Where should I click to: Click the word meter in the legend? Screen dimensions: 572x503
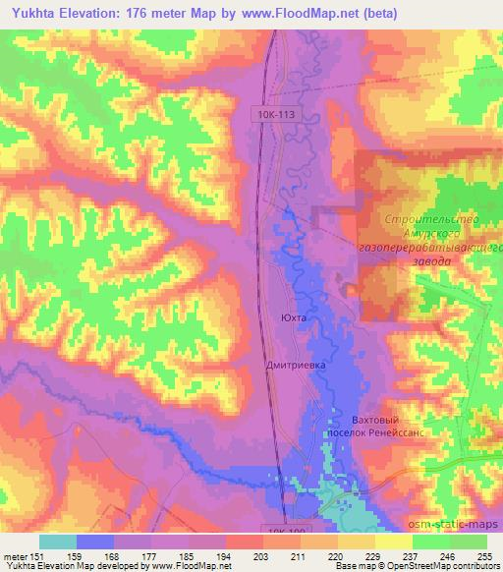15,555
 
